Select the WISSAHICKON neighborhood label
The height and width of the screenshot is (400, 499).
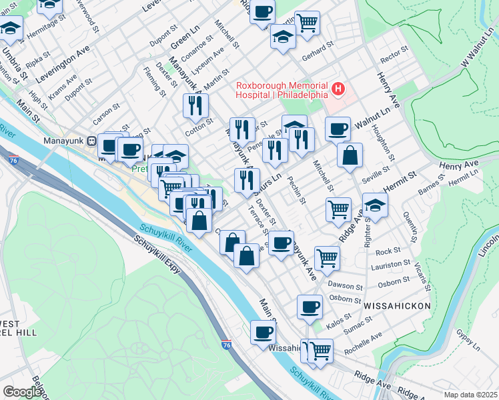397,305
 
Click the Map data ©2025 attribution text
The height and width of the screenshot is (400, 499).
470,395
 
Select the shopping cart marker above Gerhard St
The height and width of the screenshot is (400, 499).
307,23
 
